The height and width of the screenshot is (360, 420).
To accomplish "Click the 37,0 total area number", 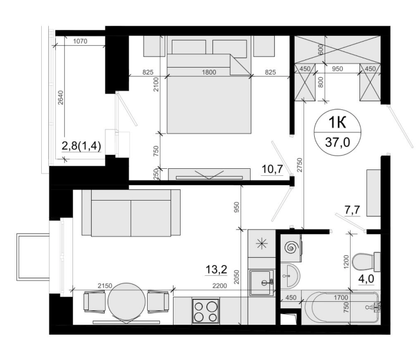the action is point(338,142).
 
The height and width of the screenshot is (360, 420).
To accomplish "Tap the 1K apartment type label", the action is point(337,123).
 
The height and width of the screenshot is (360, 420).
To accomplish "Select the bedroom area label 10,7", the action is point(272,169).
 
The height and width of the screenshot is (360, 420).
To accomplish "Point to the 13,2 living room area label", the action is point(216,269).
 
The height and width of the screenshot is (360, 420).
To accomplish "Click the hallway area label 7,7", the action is point(352,210).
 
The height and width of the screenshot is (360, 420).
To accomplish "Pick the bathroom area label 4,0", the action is point(366,279).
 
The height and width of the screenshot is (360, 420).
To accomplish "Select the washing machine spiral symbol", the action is point(291,248).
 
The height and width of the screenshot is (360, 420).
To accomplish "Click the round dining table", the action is point(126,302).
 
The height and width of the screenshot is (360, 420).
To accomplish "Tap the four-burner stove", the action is point(205,311).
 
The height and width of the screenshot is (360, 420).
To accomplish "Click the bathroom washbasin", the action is point(291,275).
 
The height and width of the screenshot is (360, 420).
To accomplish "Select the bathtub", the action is point(341,307).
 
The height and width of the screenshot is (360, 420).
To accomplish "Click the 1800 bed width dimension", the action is point(209,72).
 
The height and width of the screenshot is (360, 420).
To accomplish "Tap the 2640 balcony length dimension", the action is point(61,98).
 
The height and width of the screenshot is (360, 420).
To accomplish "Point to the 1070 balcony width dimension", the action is point(80,41).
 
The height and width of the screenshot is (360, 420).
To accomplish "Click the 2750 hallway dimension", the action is point(299,165).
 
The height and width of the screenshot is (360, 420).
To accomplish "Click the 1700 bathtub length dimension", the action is point(341,298).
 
